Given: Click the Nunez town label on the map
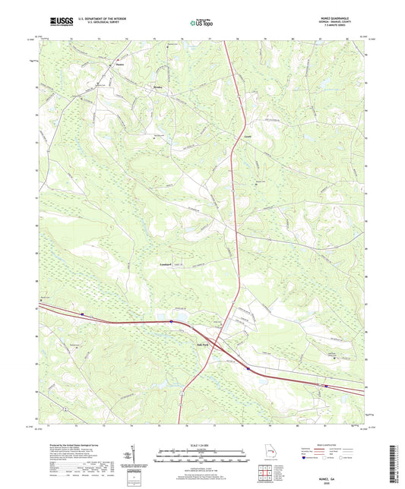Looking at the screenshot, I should pyautogui.click(x=120, y=65).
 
